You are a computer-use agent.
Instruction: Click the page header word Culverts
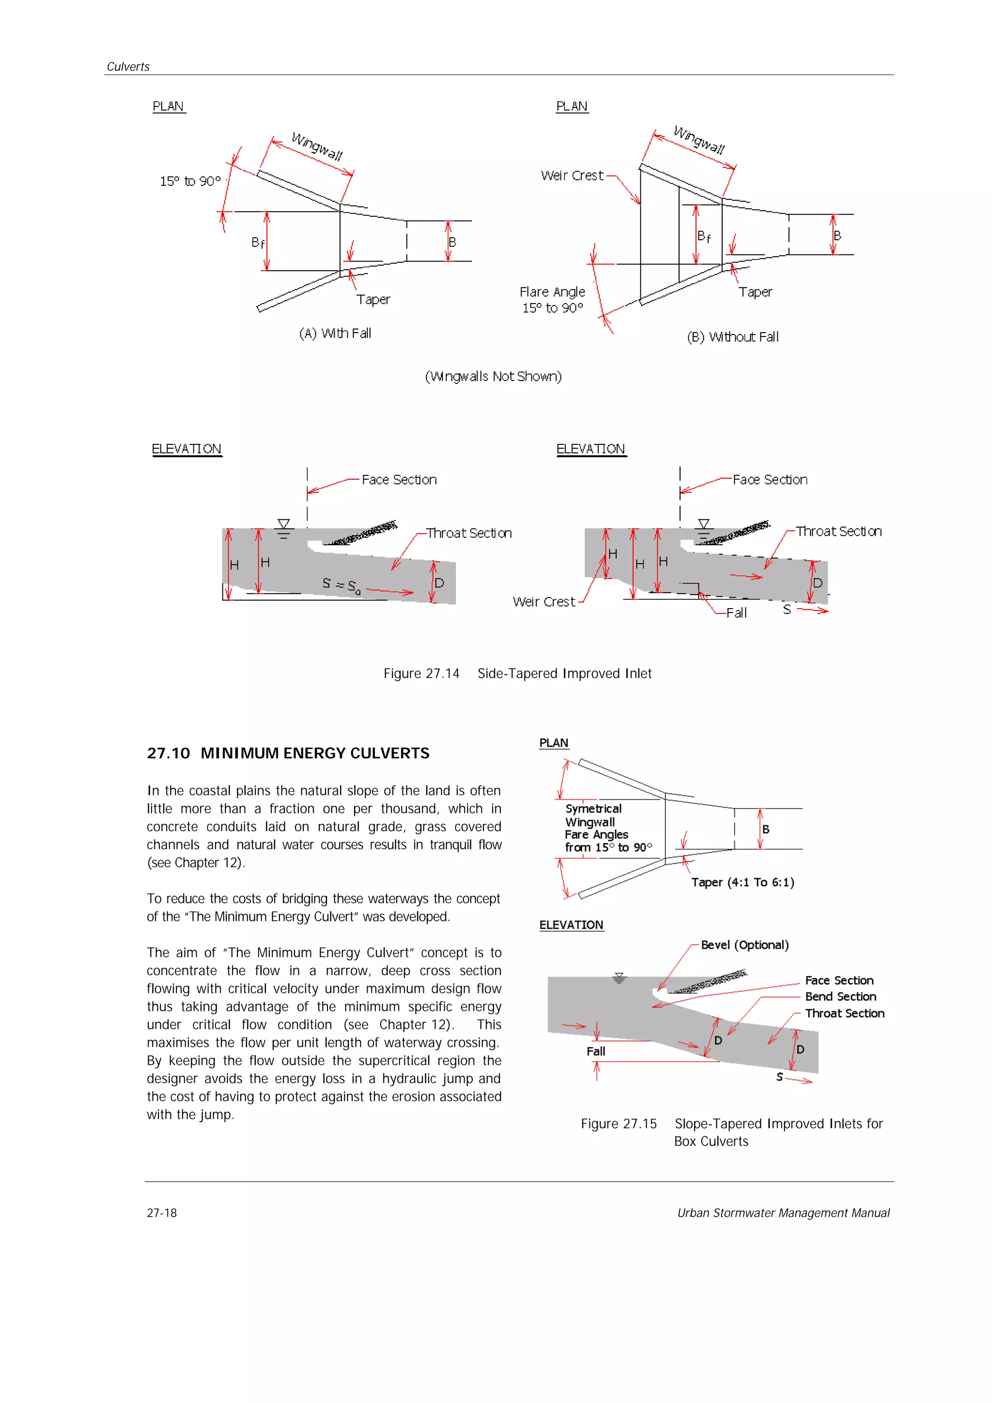tap(128, 67)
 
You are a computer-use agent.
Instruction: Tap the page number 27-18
tap(161, 1213)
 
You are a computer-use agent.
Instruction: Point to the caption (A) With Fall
tap(335, 333)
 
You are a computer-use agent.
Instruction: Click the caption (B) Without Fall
tap(732, 336)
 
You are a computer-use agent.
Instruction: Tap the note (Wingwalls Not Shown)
tap(493, 377)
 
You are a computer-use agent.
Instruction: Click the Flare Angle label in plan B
tap(552, 292)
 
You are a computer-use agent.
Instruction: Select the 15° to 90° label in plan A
tap(190, 182)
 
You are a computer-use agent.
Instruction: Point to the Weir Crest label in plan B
tap(572, 175)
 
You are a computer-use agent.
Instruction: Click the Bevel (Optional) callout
tap(744, 945)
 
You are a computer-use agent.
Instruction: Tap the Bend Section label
tap(840, 997)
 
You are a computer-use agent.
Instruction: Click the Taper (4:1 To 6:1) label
tap(743, 883)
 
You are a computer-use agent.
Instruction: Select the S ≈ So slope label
tap(341, 585)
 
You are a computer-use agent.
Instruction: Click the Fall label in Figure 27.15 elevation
tap(595, 1051)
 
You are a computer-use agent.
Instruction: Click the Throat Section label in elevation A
tap(469, 533)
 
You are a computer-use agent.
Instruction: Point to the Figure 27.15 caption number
tap(619, 1124)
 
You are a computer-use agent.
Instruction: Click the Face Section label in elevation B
tap(770, 480)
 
